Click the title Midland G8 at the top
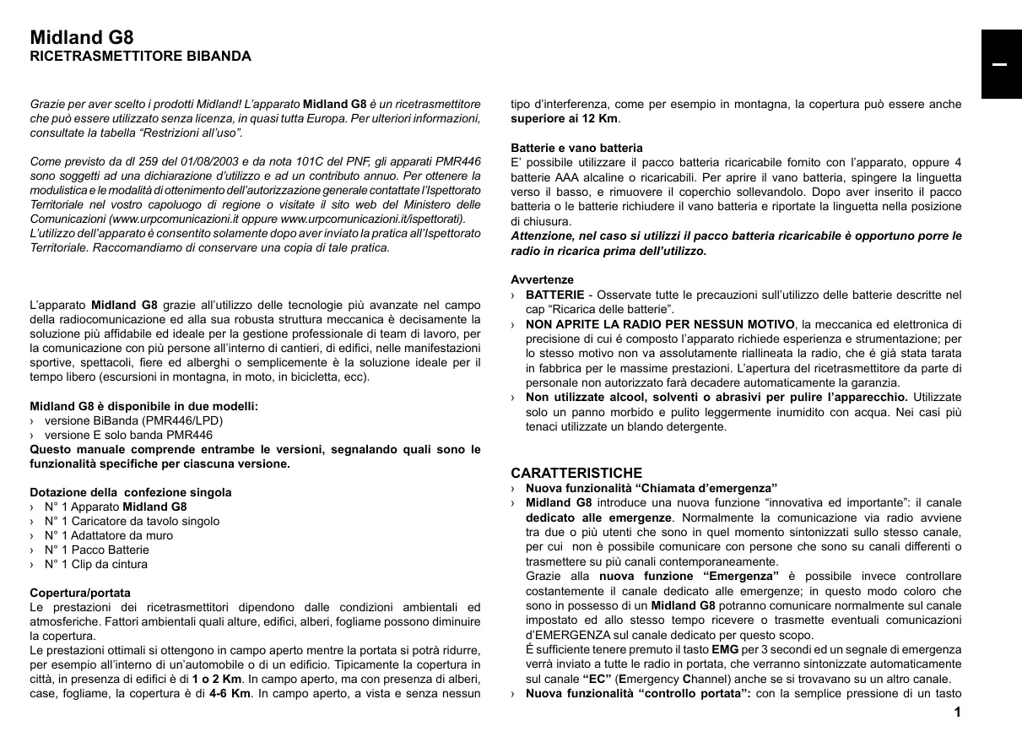(x=81, y=38)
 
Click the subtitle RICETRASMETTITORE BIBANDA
(x=140, y=57)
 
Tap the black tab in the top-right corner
(x=1000, y=65)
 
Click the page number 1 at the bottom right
(x=957, y=713)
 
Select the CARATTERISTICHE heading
(x=576, y=473)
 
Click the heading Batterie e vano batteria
(x=576, y=148)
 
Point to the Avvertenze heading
(x=542, y=279)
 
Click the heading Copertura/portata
(x=80, y=593)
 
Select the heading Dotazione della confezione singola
(x=131, y=492)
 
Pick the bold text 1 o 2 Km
(x=217, y=680)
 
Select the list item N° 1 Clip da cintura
(x=96, y=564)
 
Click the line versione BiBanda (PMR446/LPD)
(x=133, y=420)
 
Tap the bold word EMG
(x=725, y=650)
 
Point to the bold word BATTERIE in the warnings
(x=554, y=295)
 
